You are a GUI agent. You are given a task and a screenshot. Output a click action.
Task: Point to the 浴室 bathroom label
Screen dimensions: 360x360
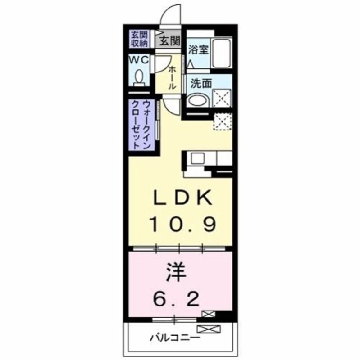coord(198,49)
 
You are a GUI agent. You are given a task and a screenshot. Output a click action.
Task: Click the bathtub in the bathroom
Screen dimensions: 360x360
coord(221,53)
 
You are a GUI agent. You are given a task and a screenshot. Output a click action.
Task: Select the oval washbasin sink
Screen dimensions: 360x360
coord(197,99)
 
